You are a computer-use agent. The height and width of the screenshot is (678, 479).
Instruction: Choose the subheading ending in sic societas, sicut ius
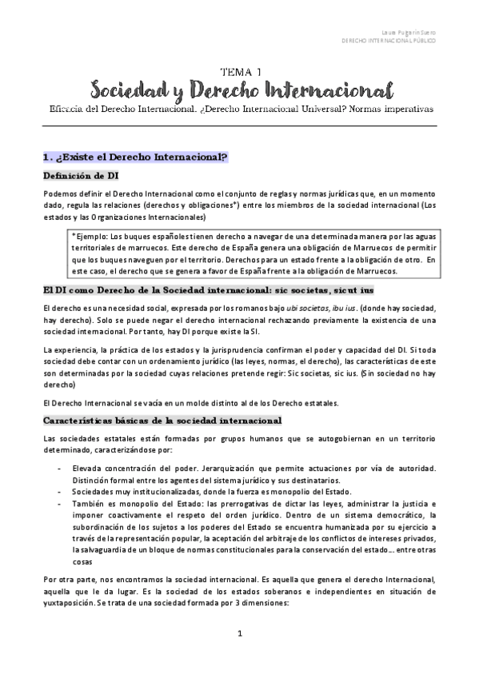pyautogui.click(x=329, y=290)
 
